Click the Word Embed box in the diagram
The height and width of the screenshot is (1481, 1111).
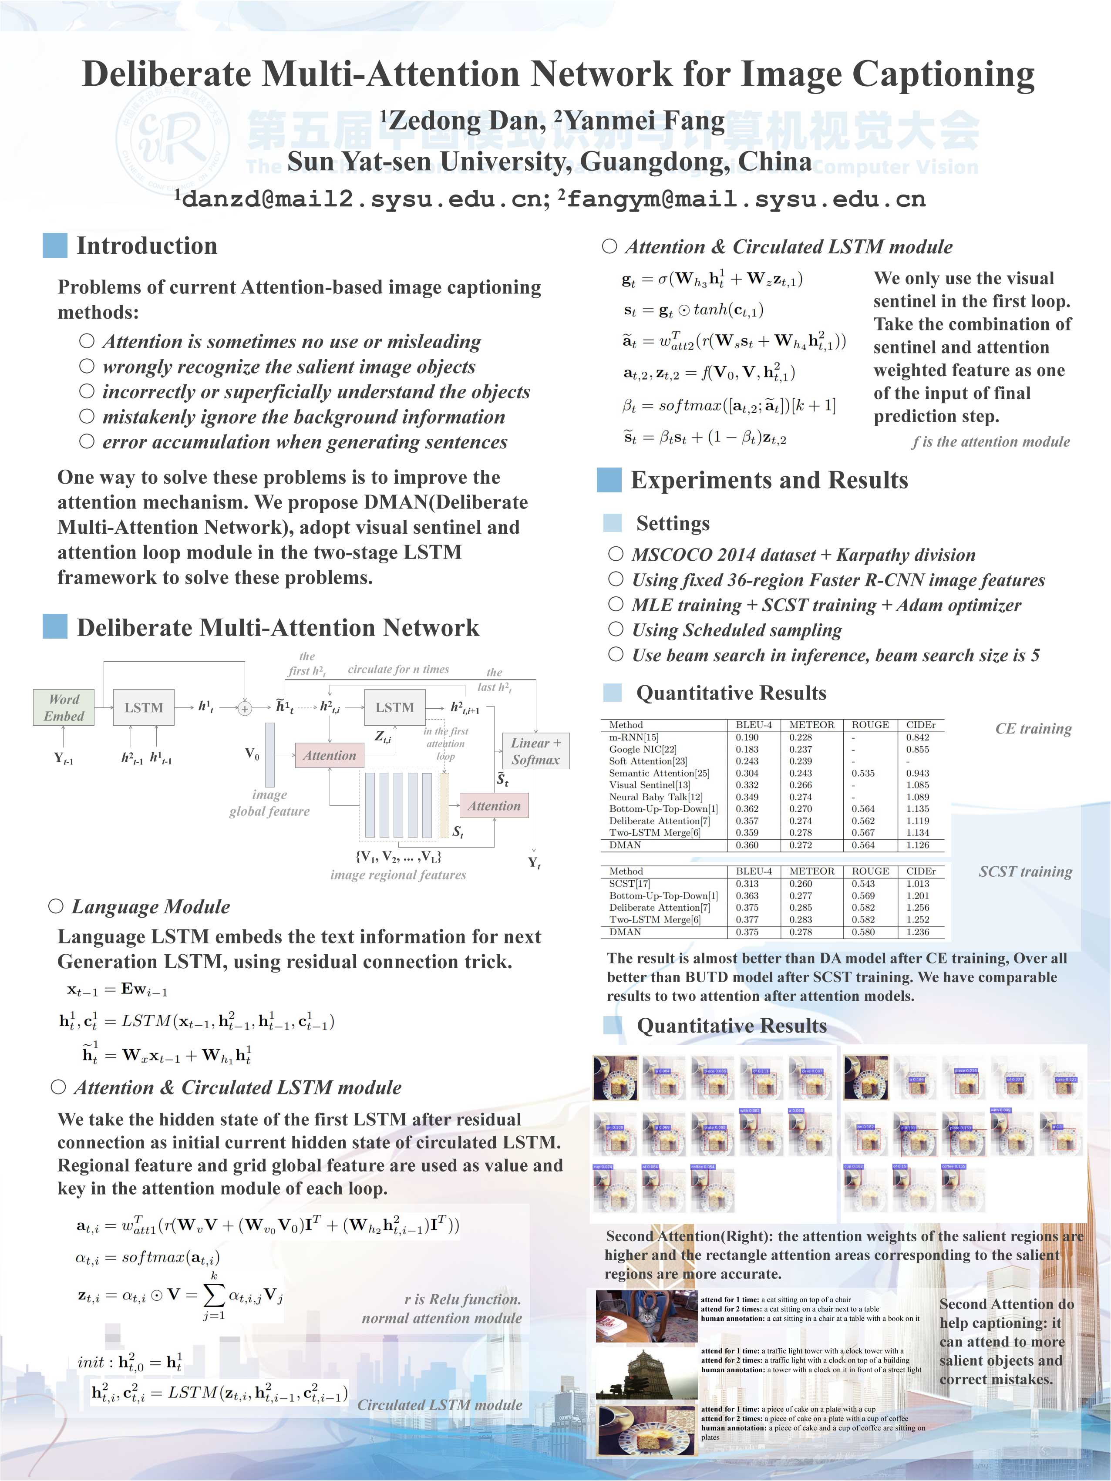[64, 707]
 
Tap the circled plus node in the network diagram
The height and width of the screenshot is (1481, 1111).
[245, 708]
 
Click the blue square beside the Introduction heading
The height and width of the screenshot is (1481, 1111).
[55, 245]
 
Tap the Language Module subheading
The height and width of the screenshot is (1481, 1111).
[151, 906]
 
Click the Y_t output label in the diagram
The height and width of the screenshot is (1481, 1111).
[534, 862]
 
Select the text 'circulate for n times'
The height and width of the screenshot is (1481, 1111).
[398, 669]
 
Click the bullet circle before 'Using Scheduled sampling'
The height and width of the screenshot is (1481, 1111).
[616, 629]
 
